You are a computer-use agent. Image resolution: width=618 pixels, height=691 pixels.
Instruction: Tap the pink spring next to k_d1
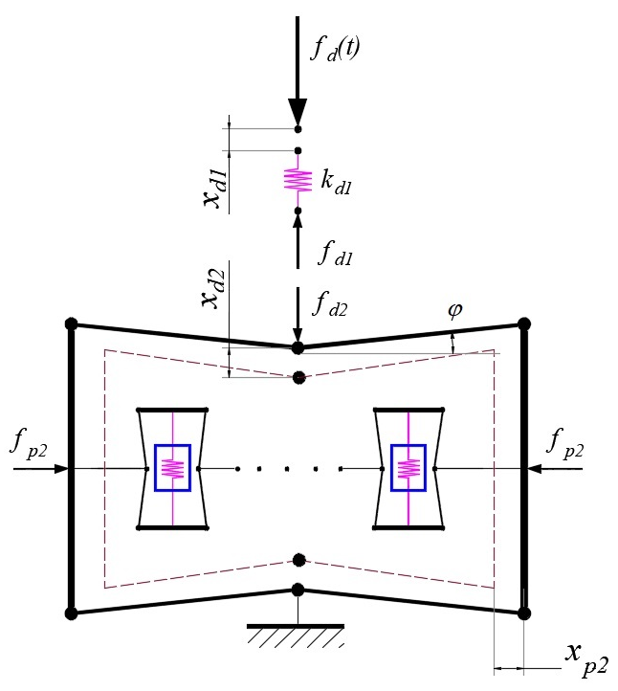(x=298, y=180)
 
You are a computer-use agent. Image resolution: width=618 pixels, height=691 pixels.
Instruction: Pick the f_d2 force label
(x=339, y=306)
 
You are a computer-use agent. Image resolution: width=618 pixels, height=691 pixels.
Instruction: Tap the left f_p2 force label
(x=32, y=442)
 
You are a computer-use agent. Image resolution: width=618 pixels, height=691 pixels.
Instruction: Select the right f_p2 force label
(x=570, y=442)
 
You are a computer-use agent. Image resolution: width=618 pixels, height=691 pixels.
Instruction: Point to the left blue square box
(x=172, y=468)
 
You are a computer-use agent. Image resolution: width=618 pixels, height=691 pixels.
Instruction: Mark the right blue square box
(x=409, y=468)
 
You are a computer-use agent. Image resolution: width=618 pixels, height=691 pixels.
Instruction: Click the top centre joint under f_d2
(x=298, y=346)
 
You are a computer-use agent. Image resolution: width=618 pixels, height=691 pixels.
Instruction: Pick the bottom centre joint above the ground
(x=298, y=590)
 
